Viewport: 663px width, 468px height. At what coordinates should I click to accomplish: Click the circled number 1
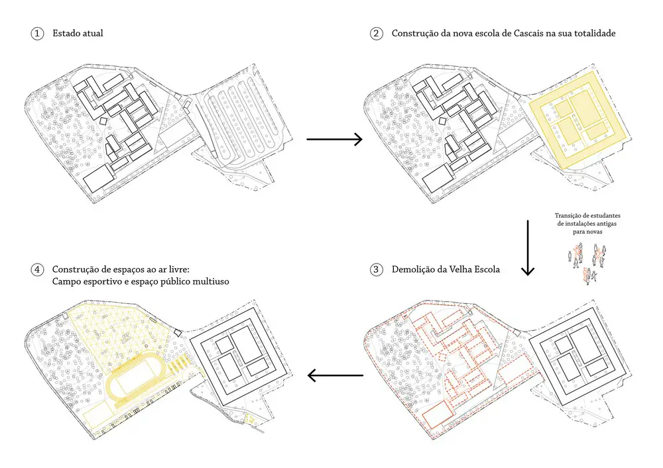pos(37,33)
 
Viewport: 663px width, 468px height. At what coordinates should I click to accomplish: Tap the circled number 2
pos(377,33)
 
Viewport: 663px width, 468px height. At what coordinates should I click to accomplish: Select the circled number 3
pos(377,269)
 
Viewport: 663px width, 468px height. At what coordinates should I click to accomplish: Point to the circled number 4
pos(37,269)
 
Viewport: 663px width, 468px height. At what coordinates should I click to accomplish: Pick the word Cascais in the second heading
pos(529,33)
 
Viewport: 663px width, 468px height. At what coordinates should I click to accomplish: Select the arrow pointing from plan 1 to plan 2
pos(334,139)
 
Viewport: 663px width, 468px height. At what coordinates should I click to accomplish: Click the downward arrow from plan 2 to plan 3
pos(528,248)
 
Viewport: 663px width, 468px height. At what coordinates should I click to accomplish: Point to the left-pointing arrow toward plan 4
pos(335,375)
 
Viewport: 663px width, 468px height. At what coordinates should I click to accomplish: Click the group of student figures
pos(587,263)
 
